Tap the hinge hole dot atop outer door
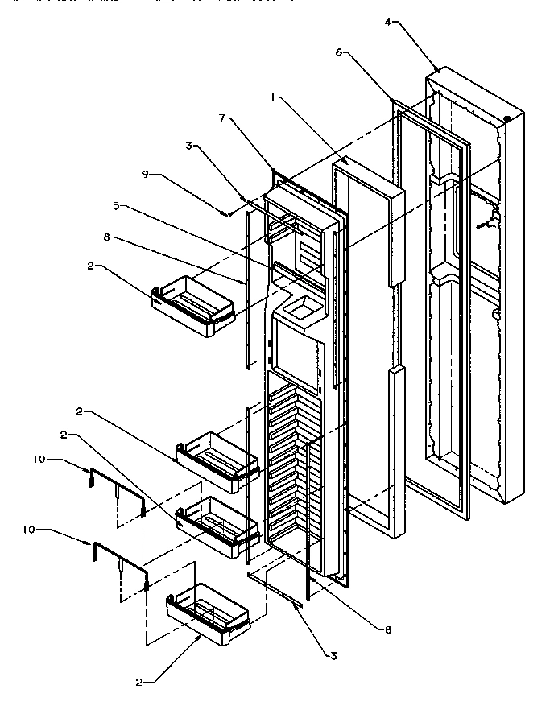pos(507,120)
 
